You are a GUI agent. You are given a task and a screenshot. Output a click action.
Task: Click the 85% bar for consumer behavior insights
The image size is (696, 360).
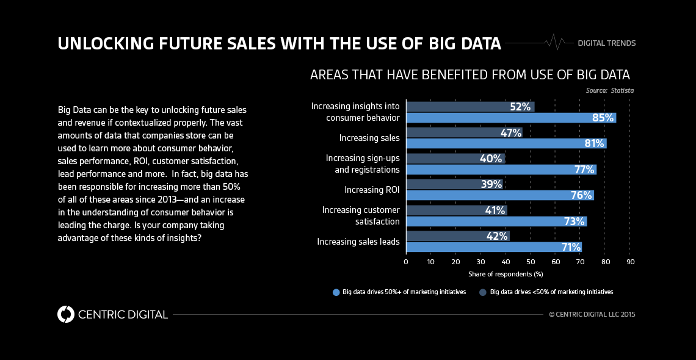[511, 118]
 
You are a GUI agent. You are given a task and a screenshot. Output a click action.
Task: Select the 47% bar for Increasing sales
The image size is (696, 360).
[464, 132]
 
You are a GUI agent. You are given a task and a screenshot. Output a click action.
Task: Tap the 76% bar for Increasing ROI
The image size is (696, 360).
[500, 195]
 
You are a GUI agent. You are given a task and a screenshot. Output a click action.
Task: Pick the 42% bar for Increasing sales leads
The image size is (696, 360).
[457, 236]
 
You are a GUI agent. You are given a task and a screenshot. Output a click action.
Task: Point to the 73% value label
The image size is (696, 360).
[575, 221]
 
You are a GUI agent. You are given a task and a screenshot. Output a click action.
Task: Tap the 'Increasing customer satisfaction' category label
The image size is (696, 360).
[361, 215]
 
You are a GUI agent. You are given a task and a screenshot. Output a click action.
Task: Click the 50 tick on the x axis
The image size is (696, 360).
[531, 262]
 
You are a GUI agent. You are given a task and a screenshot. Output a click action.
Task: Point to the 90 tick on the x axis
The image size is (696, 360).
[631, 262]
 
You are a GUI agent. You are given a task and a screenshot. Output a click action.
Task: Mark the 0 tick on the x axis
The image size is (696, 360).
[406, 262]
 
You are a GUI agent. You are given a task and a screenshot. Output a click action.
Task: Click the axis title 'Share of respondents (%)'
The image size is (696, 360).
[506, 275]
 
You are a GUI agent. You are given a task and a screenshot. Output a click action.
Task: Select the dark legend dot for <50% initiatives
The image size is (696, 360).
[483, 292]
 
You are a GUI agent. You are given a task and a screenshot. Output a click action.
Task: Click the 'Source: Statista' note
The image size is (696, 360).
[611, 90]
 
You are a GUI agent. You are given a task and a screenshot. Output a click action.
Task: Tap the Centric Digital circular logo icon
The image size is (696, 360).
[65, 314]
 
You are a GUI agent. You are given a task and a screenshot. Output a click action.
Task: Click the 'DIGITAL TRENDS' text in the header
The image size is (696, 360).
[607, 43]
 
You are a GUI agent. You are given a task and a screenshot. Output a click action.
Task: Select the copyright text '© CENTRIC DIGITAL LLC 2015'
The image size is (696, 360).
[592, 314]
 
